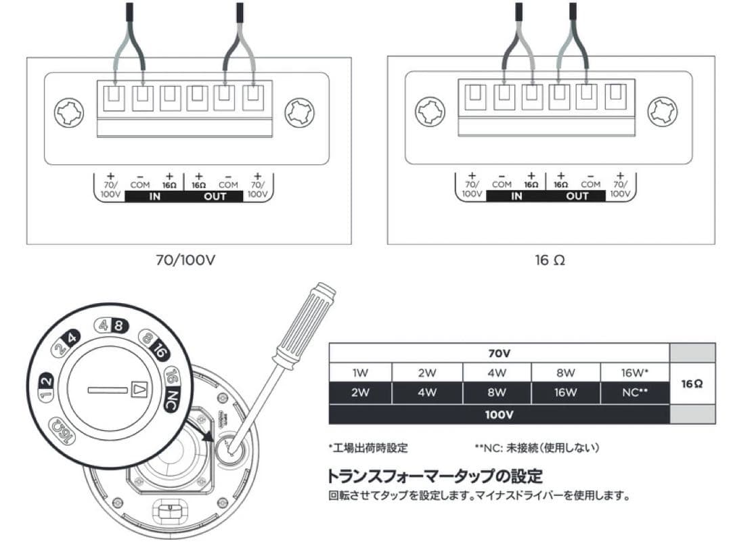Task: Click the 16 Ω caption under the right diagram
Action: [x=549, y=260]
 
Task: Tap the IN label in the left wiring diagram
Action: [x=155, y=197]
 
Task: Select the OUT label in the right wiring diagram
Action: [x=577, y=197]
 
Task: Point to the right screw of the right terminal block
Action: [x=662, y=111]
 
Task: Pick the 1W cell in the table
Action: [x=359, y=373]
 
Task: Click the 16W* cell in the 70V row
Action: [x=634, y=373]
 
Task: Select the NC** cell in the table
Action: [x=634, y=392]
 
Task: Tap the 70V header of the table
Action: [x=498, y=352]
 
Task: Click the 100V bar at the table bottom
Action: [x=498, y=414]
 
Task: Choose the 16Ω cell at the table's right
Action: [x=692, y=383]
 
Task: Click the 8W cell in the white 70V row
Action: [x=565, y=373]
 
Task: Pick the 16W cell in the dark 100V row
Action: [x=565, y=392]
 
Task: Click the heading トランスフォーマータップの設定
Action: [x=435, y=476]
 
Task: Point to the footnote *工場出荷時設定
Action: [x=368, y=448]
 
